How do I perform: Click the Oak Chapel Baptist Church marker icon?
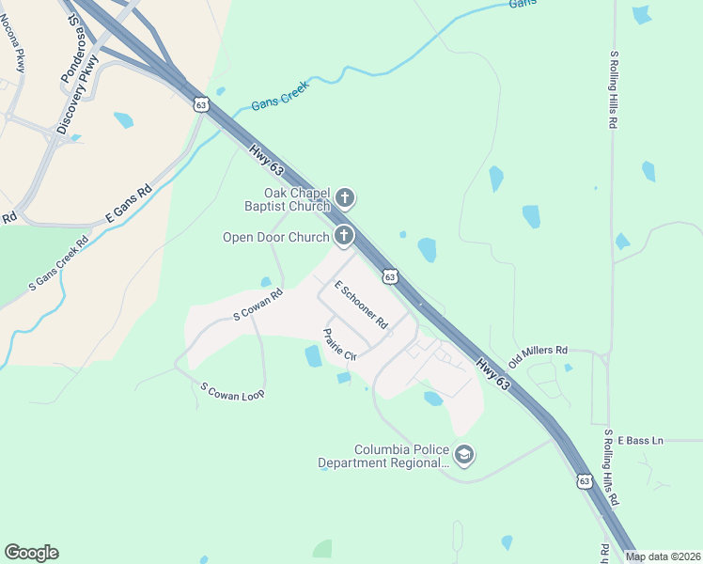[345, 197]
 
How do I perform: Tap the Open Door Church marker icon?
[344, 236]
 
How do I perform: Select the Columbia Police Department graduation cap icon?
[463, 455]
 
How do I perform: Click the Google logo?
[31, 553]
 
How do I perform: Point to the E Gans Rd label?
[129, 203]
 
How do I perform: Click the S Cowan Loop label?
[233, 390]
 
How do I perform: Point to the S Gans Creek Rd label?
[57, 261]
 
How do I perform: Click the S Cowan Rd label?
[258, 305]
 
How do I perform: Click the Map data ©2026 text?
[663, 556]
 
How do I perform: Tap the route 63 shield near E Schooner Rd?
[390, 276]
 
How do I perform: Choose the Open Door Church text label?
[274, 237]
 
